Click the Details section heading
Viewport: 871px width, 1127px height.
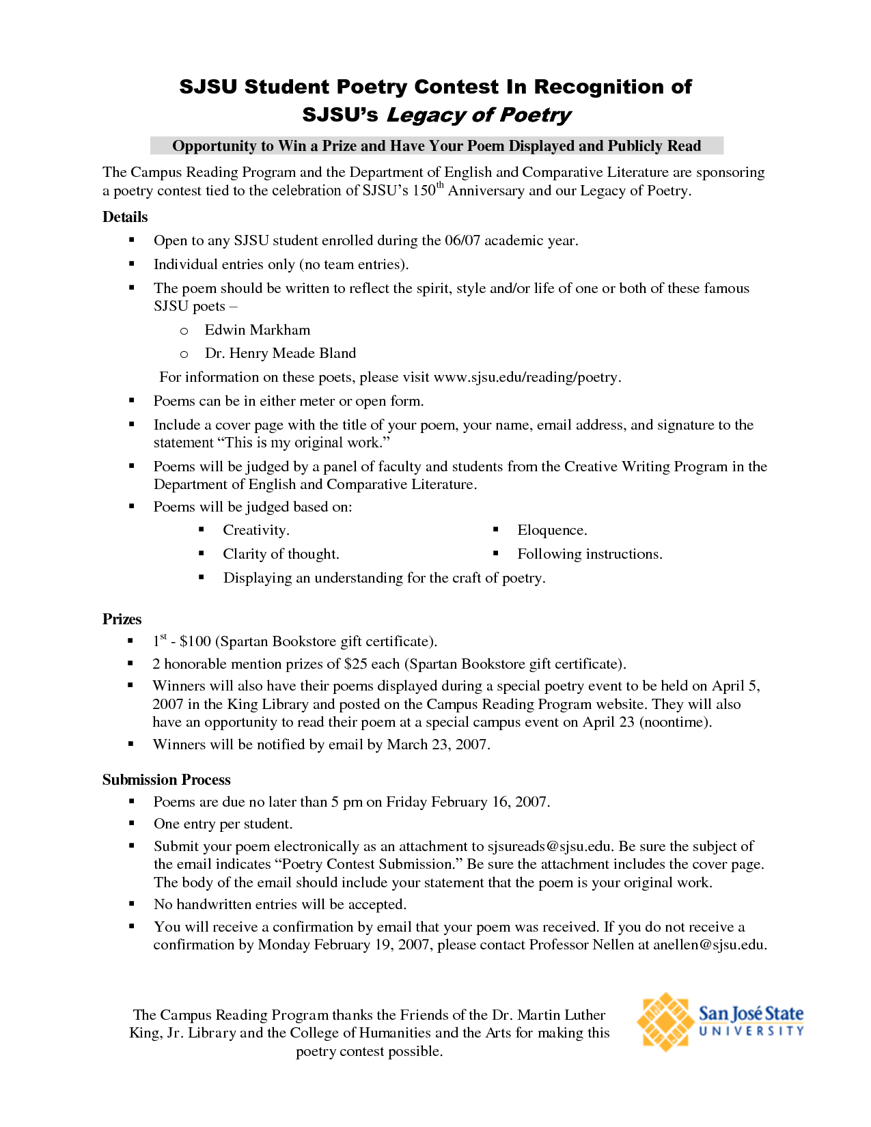coord(125,217)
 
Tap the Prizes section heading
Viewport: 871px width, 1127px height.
coord(122,620)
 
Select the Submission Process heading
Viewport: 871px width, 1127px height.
coord(167,780)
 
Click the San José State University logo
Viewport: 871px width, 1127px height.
coord(720,1022)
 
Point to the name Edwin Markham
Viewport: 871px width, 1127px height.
coord(258,330)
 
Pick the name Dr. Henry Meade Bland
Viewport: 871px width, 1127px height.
coord(280,353)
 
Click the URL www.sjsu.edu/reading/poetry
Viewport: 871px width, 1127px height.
coord(526,377)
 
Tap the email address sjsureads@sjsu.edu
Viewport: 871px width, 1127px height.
coord(549,846)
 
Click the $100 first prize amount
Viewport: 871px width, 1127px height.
coord(195,641)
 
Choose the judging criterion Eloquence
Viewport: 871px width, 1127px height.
coord(551,530)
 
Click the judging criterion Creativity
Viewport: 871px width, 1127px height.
coord(255,530)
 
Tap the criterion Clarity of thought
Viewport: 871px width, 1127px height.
coord(281,554)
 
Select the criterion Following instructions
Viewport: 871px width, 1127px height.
coord(589,554)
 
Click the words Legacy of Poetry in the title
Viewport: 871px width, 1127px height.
coord(479,115)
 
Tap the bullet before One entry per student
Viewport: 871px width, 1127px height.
coord(132,824)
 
